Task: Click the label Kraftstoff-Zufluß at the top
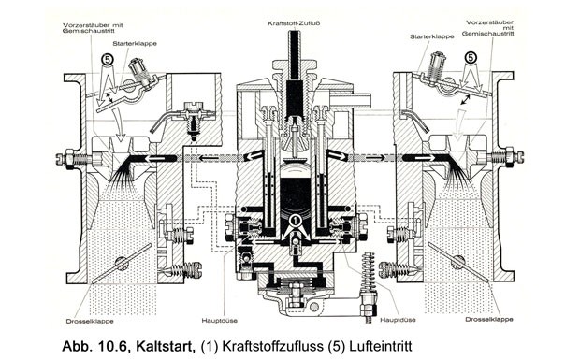coord(294,23)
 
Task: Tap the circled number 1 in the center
coord(296,221)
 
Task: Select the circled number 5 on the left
coord(107,60)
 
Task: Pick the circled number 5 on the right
coord(471,58)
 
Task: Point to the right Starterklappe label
coord(431,36)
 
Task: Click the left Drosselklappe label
coord(90,321)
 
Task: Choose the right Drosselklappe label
coord(489,319)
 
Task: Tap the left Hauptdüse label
coord(219,321)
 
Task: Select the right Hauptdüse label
coord(398,320)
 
